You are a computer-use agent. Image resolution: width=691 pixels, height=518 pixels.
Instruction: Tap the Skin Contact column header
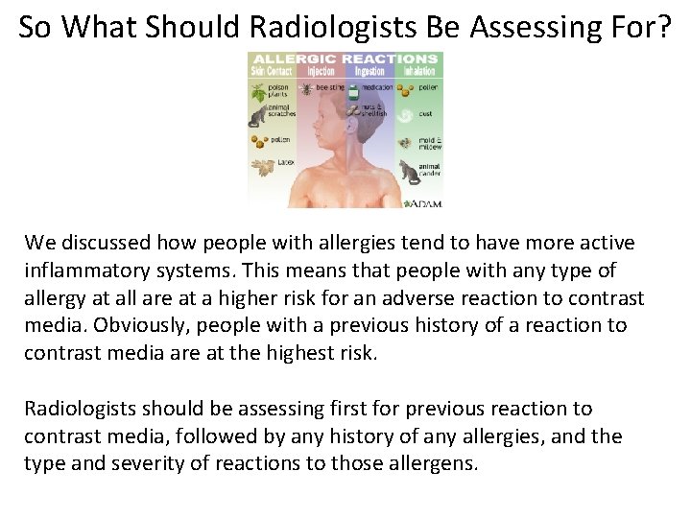(271, 71)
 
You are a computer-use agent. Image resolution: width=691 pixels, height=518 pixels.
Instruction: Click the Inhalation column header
(418, 71)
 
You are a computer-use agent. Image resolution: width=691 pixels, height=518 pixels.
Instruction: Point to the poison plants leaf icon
(258, 93)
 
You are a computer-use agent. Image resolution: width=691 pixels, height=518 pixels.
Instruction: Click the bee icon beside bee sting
(307, 87)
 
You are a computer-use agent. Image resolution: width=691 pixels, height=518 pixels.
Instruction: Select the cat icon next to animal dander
(410, 173)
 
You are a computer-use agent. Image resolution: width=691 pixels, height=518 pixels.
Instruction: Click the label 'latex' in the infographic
(285, 163)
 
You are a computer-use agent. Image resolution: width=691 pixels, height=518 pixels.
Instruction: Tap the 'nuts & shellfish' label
(375, 110)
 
